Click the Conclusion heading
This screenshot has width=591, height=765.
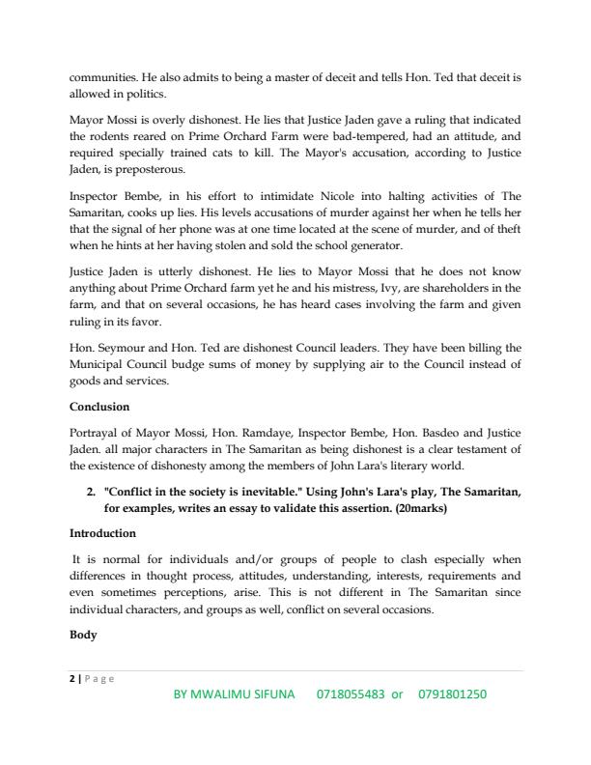pyautogui.click(x=100, y=406)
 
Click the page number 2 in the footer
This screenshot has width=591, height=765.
pyautogui.click(x=72, y=678)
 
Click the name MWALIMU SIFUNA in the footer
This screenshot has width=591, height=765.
pyautogui.click(x=247, y=694)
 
